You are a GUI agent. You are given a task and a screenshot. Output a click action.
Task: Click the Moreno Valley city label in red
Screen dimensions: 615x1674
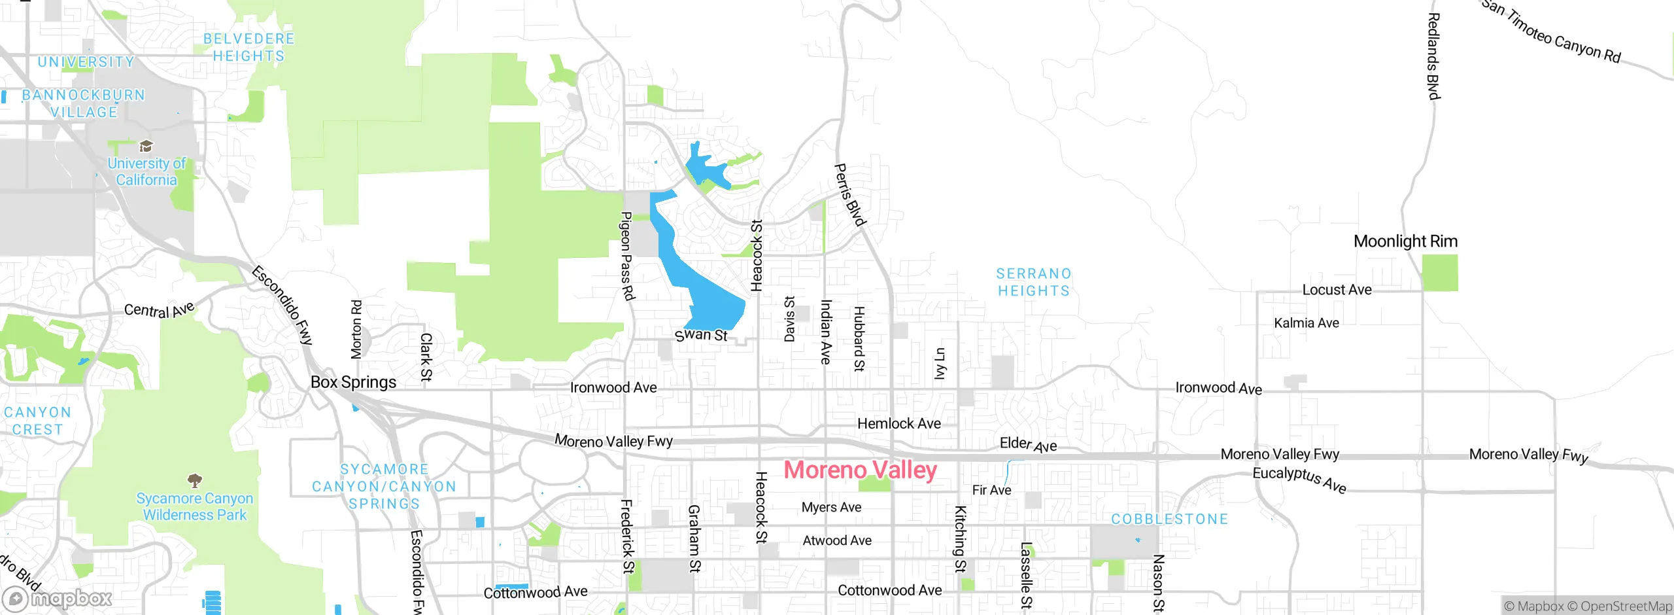pos(860,470)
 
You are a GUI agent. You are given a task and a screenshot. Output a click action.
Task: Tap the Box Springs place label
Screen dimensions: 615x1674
pos(353,382)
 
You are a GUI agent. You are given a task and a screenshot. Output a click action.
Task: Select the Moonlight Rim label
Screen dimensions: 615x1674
pos(1405,241)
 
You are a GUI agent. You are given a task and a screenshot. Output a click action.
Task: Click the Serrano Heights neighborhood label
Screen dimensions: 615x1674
pos(1033,282)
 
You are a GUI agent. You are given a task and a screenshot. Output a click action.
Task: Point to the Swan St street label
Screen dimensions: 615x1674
pos(701,335)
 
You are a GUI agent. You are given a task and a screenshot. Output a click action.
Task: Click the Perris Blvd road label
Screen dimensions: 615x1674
pos(850,195)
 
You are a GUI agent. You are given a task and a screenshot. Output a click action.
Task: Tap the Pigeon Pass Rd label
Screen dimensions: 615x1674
pos(627,256)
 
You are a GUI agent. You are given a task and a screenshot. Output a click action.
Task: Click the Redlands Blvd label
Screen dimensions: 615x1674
pos(1433,56)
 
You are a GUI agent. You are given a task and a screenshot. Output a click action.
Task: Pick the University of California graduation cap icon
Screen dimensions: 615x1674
pos(146,146)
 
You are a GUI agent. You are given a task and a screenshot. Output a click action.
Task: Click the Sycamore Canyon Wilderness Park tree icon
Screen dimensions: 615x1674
pos(194,481)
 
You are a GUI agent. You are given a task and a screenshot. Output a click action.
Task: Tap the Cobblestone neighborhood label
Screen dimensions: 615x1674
pos(1169,519)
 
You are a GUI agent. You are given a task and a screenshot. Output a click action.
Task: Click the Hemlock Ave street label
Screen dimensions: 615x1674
pos(898,424)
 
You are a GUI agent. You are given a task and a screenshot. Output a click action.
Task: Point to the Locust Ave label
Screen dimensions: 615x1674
pos(1337,290)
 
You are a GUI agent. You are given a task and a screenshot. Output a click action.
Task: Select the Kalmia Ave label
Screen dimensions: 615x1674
pos(1306,323)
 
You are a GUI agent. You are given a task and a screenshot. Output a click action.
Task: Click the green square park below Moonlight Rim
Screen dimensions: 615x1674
pos(1440,273)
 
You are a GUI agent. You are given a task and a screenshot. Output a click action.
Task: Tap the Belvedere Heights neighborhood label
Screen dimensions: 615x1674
pos(248,47)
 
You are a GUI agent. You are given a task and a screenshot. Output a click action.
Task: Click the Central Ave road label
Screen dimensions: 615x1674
pos(159,310)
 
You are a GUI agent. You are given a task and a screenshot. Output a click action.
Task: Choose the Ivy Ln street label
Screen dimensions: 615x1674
pos(940,364)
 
